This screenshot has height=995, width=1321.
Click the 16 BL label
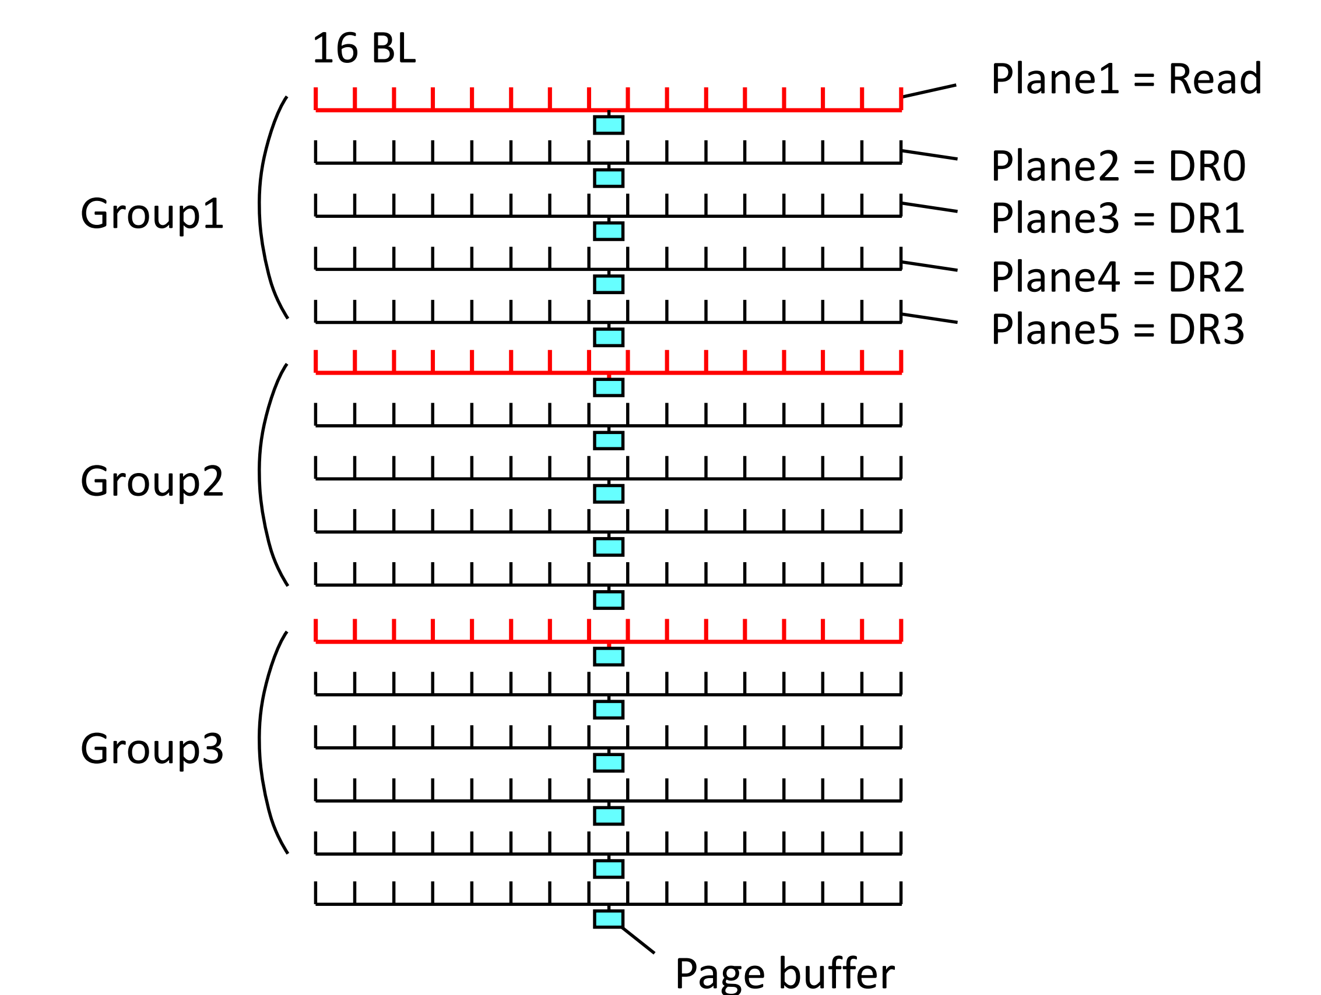pyautogui.click(x=363, y=48)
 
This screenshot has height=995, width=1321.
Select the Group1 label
pyautogui.click(x=152, y=214)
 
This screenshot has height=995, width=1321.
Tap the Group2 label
pyautogui.click(x=152, y=481)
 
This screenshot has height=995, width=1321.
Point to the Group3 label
pyautogui.click(x=152, y=749)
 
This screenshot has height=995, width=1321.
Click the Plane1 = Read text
pyautogui.click(x=1126, y=79)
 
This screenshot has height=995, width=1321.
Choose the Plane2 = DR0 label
pyautogui.click(x=1118, y=166)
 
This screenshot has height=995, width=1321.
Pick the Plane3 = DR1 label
pyautogui.click(x=1118, y=218)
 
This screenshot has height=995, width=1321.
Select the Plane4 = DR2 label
pyautogui.click(x=1118, y=277)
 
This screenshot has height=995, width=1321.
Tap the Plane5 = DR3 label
pyautogui.click(x=1118, y=330)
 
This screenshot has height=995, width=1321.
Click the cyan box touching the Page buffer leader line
pyautogui.click(x=609, y=919)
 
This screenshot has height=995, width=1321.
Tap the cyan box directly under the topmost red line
pyautogui.click(x=609, y=125)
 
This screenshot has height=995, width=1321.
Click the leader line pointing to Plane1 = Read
pyautogui.click(x=929, y=91)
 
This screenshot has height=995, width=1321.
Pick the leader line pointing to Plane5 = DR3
pyautogui.click(x=929, y=318)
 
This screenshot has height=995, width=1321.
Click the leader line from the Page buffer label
pyautogui.click(x=638, y=940)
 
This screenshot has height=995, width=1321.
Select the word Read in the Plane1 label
pyautogui.click(x=1215, y=79)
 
